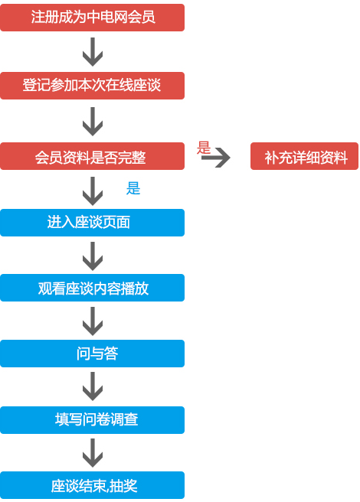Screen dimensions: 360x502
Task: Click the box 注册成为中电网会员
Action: (93, 18)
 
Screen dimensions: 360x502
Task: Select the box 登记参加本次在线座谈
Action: (93, 86)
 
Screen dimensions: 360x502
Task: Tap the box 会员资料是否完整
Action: (93, 156)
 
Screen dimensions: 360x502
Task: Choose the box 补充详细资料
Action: (304, 156)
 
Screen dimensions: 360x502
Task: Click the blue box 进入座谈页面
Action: (93, 223)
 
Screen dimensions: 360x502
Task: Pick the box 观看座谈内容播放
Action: (93, 288)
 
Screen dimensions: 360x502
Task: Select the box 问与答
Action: (93, 354)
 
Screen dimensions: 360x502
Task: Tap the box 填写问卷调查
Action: (93, 420)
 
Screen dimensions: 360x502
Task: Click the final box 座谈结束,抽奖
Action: (93, 485)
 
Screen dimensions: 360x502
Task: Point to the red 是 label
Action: (204, 148)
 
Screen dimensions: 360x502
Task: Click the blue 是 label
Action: (133, 188)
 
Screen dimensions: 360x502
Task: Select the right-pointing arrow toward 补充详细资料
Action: (216, 157)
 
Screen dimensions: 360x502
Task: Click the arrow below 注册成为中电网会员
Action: (93, 52)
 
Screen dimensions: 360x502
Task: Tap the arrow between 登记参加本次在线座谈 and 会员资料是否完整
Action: (93, 122)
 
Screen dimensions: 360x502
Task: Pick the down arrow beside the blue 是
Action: (93, 191)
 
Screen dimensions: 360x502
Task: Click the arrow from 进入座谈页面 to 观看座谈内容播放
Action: (93, 256)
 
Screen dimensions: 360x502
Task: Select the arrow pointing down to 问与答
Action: (93, 321)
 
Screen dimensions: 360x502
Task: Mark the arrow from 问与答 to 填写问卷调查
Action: (93, 386)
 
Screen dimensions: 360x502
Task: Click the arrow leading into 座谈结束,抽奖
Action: (93, 453)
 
